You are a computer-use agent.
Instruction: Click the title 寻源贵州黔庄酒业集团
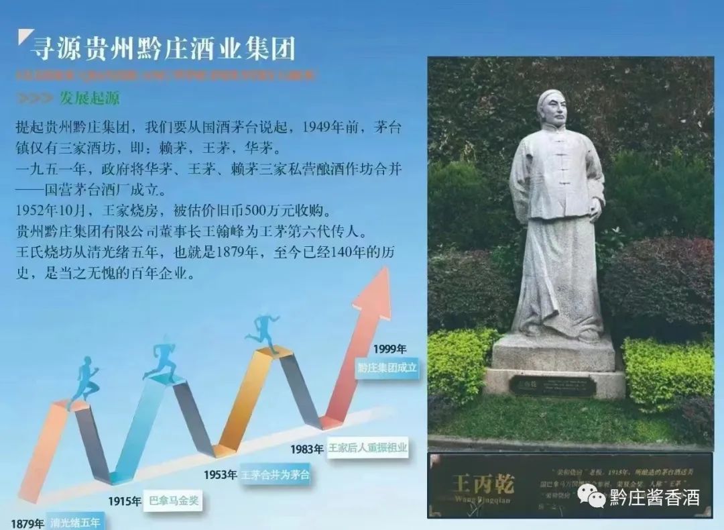[163, 48]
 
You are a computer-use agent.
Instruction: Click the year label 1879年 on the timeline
[27, 523]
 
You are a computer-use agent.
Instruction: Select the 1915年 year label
[124, 500]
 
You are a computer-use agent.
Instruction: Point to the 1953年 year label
[220, 475]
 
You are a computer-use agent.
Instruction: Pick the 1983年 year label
[307, 448]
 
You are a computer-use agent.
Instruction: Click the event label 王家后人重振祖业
[367, 448]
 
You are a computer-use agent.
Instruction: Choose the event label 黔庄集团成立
[387, 368]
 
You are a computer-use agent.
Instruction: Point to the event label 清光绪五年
[77, 523]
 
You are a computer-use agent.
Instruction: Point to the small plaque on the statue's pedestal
[552, 386]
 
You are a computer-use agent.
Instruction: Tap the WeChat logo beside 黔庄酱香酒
[592, 496]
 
